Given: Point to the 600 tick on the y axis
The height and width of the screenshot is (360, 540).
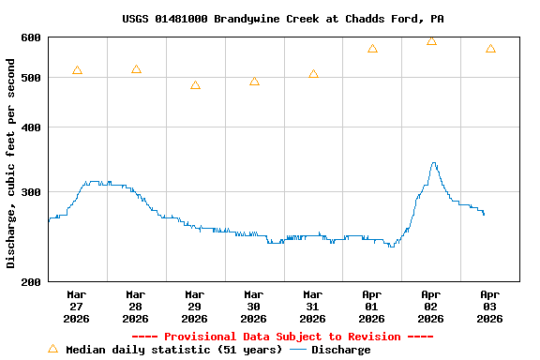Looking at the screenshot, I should pos(31,37).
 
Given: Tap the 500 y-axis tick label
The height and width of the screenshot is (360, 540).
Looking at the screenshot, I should pos(31,78).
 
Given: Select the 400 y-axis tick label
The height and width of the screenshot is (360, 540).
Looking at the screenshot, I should pos(31,127).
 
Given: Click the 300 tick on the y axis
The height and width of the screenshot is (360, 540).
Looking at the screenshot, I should pos(31,192).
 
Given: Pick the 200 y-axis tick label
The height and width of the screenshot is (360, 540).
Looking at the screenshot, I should pos(31,281).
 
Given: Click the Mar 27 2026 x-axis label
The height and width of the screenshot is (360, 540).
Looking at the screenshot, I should pos(77,306).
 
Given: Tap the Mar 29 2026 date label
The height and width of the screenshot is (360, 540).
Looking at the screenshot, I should pos(195,306).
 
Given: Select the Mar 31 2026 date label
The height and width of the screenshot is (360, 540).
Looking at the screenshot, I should pos(313,306).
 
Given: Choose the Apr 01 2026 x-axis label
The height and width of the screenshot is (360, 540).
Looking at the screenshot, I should pos(372,306).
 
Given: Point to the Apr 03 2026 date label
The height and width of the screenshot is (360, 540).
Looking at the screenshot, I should pos(490,306).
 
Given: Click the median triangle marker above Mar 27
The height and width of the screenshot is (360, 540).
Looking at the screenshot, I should pos(77,70).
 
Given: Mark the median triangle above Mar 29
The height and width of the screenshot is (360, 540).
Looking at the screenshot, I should pos(195,85).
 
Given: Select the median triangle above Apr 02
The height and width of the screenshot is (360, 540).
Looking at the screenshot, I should pos(431,41).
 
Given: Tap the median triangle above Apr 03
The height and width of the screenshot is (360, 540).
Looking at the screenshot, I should pos(490,49).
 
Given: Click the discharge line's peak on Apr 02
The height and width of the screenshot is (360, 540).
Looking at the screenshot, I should pos(433,163).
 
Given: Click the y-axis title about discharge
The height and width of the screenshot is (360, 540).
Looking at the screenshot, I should pos(11,163).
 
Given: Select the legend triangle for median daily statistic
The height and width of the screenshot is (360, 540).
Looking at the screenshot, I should pos(52,349).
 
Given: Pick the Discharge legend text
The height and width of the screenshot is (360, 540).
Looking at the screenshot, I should pos(340,350).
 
